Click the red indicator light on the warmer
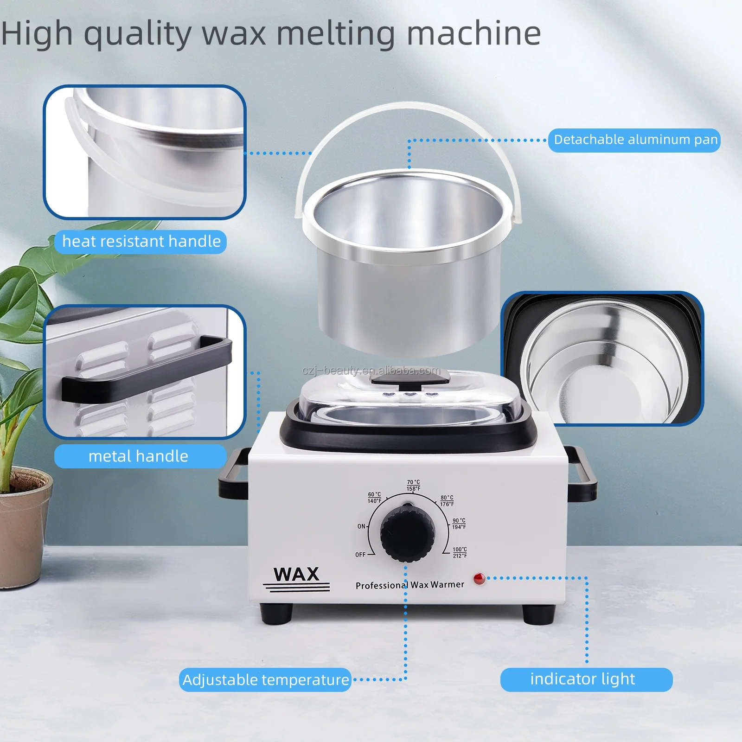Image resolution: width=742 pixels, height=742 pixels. tap(479, 579)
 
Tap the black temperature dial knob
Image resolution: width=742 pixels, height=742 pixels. tap(408, 534)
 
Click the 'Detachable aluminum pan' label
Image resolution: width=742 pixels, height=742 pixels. tap(635, 140)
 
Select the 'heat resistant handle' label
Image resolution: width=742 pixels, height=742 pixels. tap(141, 242)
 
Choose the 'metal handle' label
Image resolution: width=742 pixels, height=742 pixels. tap(139, 456)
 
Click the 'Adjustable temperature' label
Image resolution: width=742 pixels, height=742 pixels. tap(265, 680)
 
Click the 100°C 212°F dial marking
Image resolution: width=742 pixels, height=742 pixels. tap(460, 552)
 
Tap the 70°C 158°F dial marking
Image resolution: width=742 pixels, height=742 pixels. tap(413, 486)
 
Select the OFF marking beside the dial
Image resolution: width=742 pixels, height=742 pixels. tap(360, 555)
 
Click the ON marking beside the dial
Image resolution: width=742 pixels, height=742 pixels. tap(361, 526)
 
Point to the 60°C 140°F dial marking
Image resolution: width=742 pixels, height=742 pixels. tap(374, 498)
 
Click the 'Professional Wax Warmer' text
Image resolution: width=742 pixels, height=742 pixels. tap(409, 585)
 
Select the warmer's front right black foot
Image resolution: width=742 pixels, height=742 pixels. tap(538, 613)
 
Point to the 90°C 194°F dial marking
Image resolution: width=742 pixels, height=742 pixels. tap(459, 524)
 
